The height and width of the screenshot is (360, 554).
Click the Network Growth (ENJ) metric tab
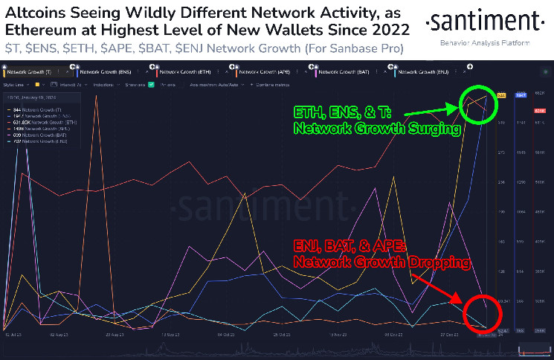pyautogui.click(x=421, y=72)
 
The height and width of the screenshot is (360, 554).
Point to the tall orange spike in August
pyautogui.click(x=97, y=112)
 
